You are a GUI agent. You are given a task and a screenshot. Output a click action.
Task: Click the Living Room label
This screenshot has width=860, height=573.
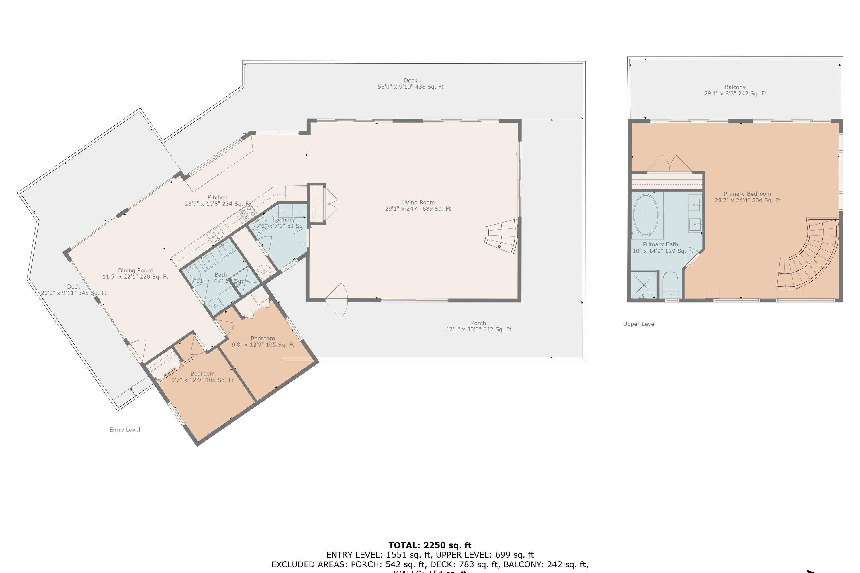coord(418,203)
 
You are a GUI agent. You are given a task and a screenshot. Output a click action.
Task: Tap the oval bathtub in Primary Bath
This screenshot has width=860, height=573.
coord(646,215)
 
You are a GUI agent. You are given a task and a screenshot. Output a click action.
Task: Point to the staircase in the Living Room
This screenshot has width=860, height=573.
coord(501,237)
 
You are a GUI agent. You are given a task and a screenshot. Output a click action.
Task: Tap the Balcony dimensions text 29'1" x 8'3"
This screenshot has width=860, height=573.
coord(735,94)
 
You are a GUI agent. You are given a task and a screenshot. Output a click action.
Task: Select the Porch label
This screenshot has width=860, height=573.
coord(478,323)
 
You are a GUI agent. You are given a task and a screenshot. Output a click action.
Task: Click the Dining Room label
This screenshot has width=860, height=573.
coord(135,271)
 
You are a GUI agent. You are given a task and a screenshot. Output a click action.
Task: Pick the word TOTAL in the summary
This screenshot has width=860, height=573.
coord(404,545)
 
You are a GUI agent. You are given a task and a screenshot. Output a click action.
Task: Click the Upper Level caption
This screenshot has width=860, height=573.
coord(639,324)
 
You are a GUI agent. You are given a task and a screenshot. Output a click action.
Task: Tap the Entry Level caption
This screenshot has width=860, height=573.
coord(125,430)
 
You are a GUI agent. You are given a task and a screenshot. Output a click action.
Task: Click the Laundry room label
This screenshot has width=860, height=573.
coord(284,220)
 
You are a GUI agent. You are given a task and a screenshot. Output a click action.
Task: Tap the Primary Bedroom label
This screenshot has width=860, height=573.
coord(747,194)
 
